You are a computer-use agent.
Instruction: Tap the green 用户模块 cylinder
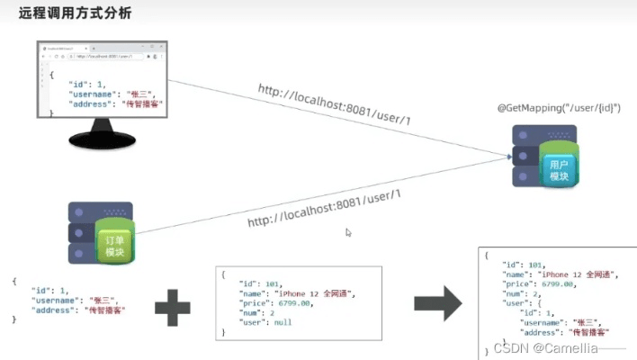click(560, 168)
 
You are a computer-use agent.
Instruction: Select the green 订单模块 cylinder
click(114, 245)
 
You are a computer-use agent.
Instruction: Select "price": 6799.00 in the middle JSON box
click(275, 302)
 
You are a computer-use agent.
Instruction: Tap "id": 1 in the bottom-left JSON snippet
click(50, 291)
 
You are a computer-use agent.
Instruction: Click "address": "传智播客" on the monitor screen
click(108, 103)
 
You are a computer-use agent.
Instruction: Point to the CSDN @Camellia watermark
click(559, 346)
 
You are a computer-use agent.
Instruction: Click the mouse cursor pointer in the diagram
click(348, 232)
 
